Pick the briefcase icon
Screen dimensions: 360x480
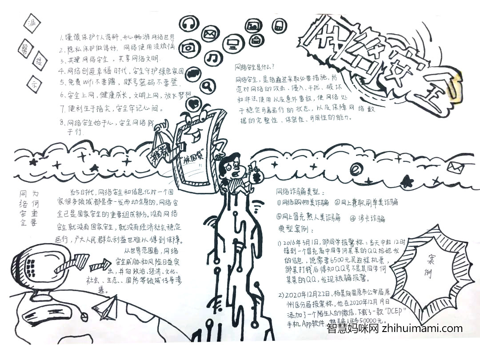click(x=256, y=40)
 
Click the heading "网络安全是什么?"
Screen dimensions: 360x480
click(x=255, y=68)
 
